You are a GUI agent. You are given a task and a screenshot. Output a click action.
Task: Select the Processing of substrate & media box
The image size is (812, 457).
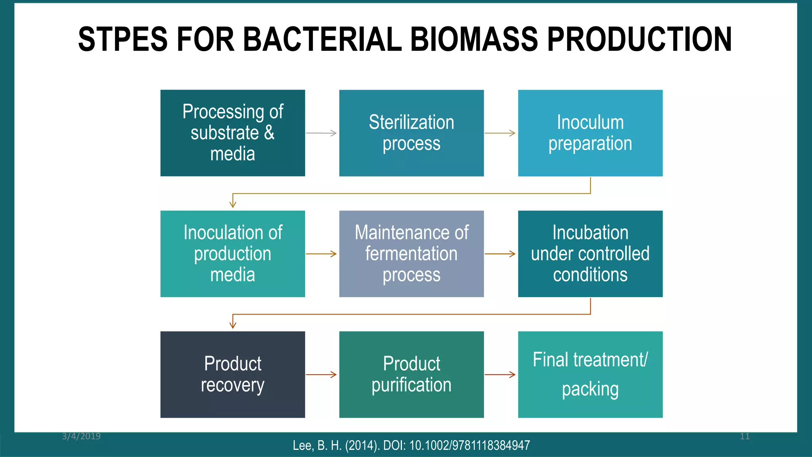233,133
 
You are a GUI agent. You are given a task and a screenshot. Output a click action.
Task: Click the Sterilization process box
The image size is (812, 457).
411,133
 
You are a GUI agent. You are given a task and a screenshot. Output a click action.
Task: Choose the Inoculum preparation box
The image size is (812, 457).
590,133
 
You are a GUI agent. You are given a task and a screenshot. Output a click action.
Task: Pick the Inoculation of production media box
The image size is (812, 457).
233,253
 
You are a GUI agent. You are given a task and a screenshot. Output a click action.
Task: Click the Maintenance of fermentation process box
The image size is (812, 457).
411,253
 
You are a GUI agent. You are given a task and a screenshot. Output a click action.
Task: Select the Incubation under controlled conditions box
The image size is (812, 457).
590,253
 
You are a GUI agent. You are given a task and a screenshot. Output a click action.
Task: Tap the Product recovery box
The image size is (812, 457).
233,374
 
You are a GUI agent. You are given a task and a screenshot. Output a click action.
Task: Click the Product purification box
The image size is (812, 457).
411,374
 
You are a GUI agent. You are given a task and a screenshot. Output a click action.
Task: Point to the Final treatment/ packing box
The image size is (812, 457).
590,374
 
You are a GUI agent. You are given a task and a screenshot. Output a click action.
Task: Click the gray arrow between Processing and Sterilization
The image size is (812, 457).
322,133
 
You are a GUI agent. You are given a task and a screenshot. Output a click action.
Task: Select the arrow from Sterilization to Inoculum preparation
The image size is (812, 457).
500,133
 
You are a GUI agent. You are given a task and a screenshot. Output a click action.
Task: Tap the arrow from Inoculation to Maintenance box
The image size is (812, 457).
322,254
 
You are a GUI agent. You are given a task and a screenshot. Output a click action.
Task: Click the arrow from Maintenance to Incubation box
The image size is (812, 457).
500,254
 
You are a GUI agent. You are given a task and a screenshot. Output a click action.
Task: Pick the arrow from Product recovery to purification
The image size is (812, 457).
322,374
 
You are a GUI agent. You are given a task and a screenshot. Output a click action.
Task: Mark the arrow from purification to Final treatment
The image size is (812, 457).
500,374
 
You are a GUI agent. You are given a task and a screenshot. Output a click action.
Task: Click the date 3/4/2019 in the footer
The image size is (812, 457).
81,436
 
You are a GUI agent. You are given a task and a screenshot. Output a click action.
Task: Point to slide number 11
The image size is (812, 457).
745,436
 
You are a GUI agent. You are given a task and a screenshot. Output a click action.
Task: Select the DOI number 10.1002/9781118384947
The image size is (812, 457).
469,445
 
